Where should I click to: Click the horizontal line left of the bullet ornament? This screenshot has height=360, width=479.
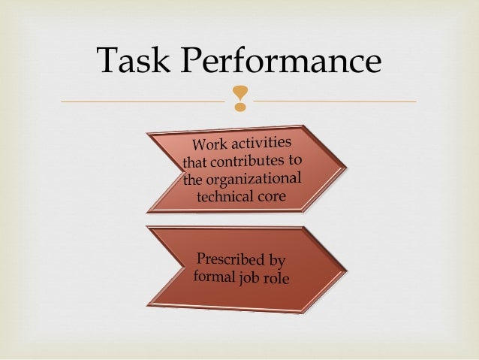pyautogui.click(x=143, y=101)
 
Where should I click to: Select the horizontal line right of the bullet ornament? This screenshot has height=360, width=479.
pyautogui.click(x=334, y=101)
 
